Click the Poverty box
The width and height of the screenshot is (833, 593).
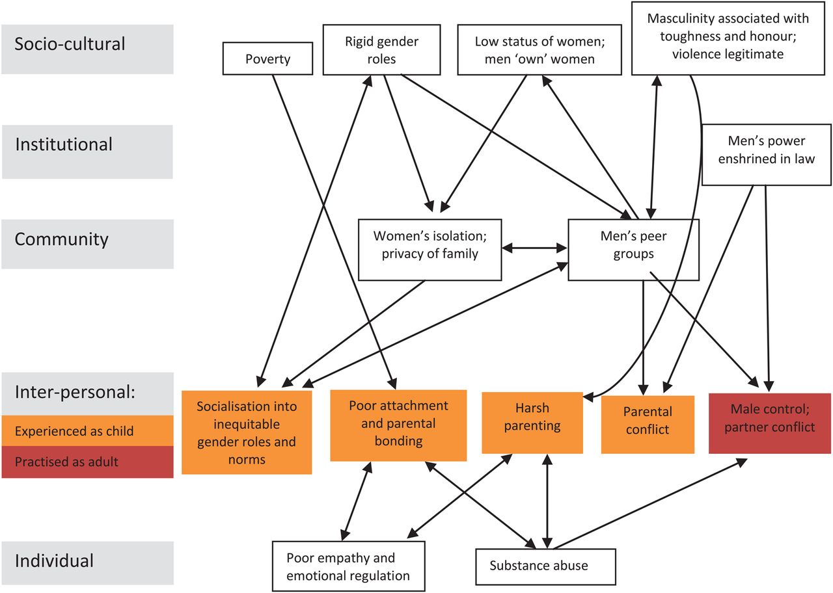[267, 59]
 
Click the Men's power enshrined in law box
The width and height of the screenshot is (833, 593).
[766, 154]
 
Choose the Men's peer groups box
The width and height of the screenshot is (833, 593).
[633, 249]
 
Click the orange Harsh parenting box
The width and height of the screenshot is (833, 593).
[532, 422]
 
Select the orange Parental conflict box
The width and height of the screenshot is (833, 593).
[647, 424]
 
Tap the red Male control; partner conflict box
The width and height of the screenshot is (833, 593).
[770, 423]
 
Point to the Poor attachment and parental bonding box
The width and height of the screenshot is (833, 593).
[398, 425]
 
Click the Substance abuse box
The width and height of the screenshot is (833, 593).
[545, 566]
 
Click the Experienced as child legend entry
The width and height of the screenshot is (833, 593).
[87, 430]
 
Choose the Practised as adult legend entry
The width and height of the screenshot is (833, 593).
[87, 462]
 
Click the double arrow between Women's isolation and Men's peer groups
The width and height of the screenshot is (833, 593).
[535, 248]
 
